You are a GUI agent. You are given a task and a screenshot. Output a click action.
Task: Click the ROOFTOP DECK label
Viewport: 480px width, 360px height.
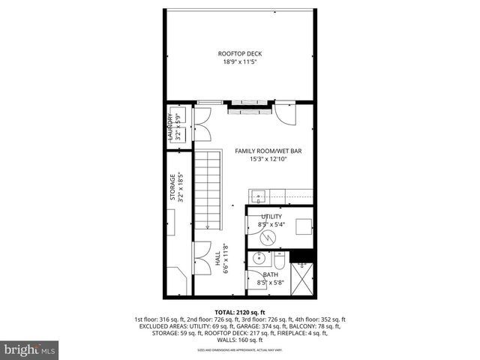tap(240, 53)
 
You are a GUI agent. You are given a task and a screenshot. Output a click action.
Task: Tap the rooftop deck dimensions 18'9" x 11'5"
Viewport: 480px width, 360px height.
tap(240, 62)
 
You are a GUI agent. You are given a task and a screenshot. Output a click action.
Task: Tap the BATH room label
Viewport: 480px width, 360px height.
tap(270, 275)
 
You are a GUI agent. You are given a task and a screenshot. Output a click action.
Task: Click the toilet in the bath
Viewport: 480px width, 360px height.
tap(278, 263)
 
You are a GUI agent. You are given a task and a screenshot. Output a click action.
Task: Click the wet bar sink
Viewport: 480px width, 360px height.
tap(257, 197)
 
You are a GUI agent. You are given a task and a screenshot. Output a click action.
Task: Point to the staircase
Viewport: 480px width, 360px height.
tap(209, 190)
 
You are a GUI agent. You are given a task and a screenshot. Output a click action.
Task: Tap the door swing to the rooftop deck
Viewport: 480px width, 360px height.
tap(285, 113)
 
